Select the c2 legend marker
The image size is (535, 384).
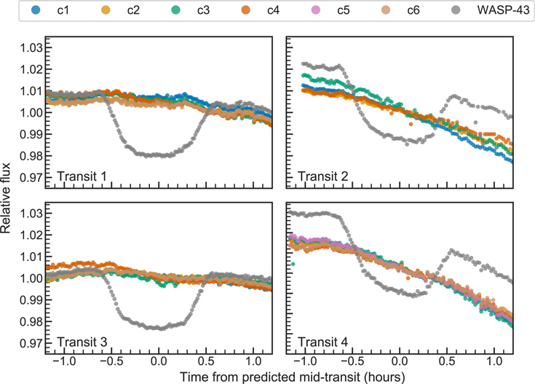pyautogui.click(x=106, y=10)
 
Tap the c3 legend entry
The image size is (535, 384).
pyautogui.click(x=190, y=10)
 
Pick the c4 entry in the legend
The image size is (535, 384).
pyautogui.click(x=260, y=10)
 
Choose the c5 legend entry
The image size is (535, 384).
pyautogui.click(x=330, y=10)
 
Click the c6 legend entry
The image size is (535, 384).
pyautogui.click(x=400, y=10)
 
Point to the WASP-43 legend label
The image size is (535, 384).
pyautogui.click(x=503, y=10)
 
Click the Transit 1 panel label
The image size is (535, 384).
pyautogui.click(x=82, y=176)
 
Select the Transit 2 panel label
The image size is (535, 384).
pyautogui.click(x=322, y=176)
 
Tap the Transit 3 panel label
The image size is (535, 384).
pyautogui.click(x=82, y=342)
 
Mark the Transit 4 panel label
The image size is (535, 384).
pyautogui.click(x=322, y=342)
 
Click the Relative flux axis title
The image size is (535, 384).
pyautogui.click(x=6, y=198)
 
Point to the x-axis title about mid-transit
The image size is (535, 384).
pyautogui.click(x=293, y=377)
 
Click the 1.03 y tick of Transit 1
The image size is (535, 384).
pyautogui.click(x=31, y=48)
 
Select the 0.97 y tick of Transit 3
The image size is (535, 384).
pyautogui.click(x=31, y=343)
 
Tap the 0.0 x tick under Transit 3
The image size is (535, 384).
pyautogui.click(x=159, y=361)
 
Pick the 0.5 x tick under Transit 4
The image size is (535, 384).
pyautogui.click(x=447, y=361)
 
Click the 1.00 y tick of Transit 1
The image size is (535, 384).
pyautogui.click(x=31, y=112)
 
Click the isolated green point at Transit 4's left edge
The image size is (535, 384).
pyautogui.click(x=293, y=264)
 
